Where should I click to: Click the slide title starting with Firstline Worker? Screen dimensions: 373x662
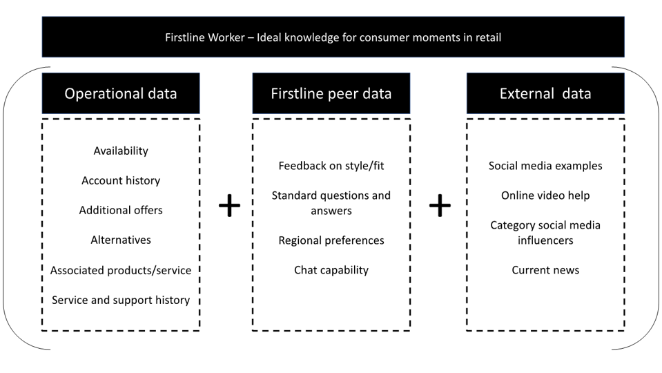333,37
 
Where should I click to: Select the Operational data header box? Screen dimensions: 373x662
121,94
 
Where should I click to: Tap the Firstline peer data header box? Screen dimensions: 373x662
331,94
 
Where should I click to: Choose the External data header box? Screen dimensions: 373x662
545,94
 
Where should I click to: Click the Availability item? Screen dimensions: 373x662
121,151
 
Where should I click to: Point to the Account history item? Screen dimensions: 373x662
121,180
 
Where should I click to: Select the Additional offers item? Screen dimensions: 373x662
121,210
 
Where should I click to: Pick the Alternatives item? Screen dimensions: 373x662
121,240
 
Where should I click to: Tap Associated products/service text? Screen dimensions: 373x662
121,270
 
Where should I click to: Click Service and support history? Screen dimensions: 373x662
121,300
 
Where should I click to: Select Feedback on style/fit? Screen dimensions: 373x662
331,166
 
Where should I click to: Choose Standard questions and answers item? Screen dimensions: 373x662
331,203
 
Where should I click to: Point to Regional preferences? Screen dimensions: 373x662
331,240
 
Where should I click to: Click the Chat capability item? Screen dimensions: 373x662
331,270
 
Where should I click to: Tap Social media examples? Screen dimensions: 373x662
545,166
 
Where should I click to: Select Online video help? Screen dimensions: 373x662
545,195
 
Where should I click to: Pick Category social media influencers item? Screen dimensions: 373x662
545,233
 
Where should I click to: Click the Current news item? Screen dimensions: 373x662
545,270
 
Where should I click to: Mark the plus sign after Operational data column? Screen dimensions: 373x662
229,206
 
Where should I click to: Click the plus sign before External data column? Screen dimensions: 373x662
440,206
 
